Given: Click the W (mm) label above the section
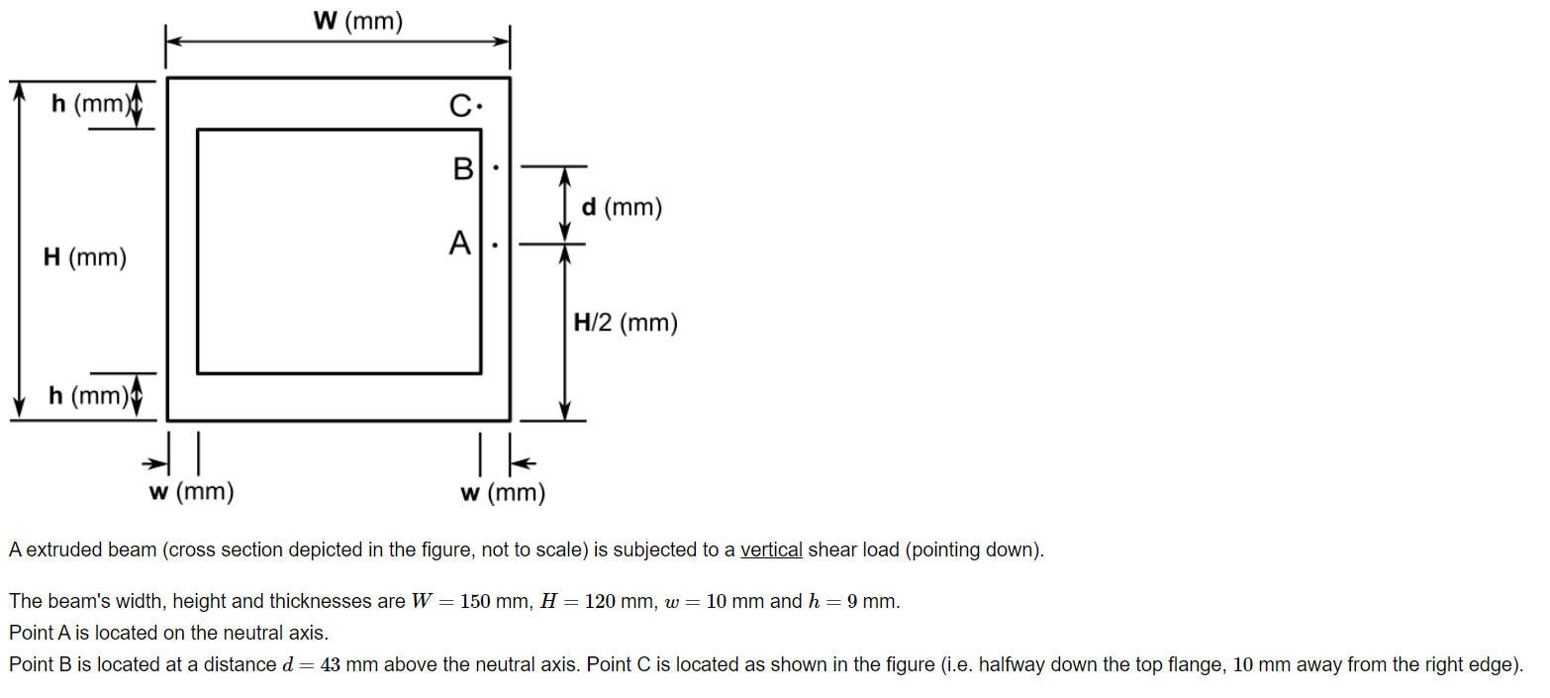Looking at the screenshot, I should click(358, 22).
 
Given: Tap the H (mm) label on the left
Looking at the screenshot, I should click(85, 258).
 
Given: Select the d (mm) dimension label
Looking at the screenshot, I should click(622, 208).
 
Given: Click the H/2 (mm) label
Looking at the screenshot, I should click(626, 323).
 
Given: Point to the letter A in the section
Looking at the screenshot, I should click(459, 243).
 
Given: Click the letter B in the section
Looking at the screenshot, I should click(463, 169).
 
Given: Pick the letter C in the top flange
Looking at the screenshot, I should click(460, 105).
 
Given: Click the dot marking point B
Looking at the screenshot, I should click(495, 168).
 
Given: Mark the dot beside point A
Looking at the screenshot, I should click(495, 243).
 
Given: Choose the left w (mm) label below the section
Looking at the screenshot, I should click(191, 491).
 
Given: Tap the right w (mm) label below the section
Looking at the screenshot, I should click(503, 492).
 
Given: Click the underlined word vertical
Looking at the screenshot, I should click(771, 550).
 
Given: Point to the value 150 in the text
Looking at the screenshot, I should click(477, 602).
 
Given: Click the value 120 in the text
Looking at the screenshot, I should click(602, 602).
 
